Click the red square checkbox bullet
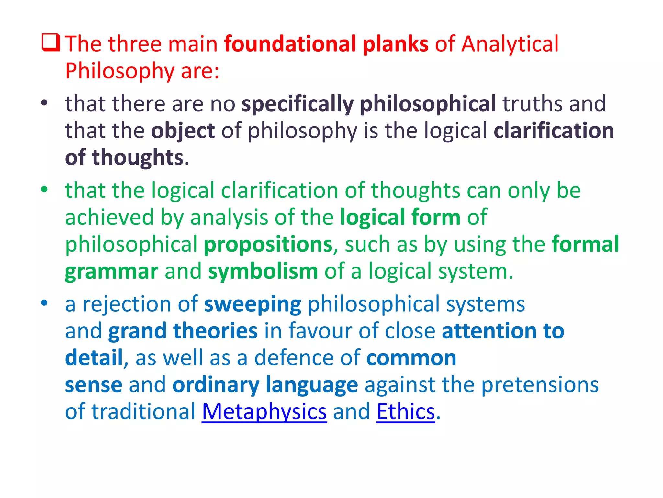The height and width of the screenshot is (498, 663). click(51, 43)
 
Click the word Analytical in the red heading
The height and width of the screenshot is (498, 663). click(510, 44)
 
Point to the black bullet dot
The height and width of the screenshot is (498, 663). click(44, 103)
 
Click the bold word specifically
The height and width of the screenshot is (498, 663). click(298, 104)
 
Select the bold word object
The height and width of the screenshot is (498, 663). click(183, 131)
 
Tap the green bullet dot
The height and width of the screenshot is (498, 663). click(44, 189)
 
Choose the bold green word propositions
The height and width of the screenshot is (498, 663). click(268, 244)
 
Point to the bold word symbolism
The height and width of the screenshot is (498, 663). click(263, 271)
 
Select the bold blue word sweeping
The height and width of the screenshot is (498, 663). click(253, 305)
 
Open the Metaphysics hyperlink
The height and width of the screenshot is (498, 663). click(264, 412)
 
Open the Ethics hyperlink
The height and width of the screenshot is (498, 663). click(406, 412)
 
